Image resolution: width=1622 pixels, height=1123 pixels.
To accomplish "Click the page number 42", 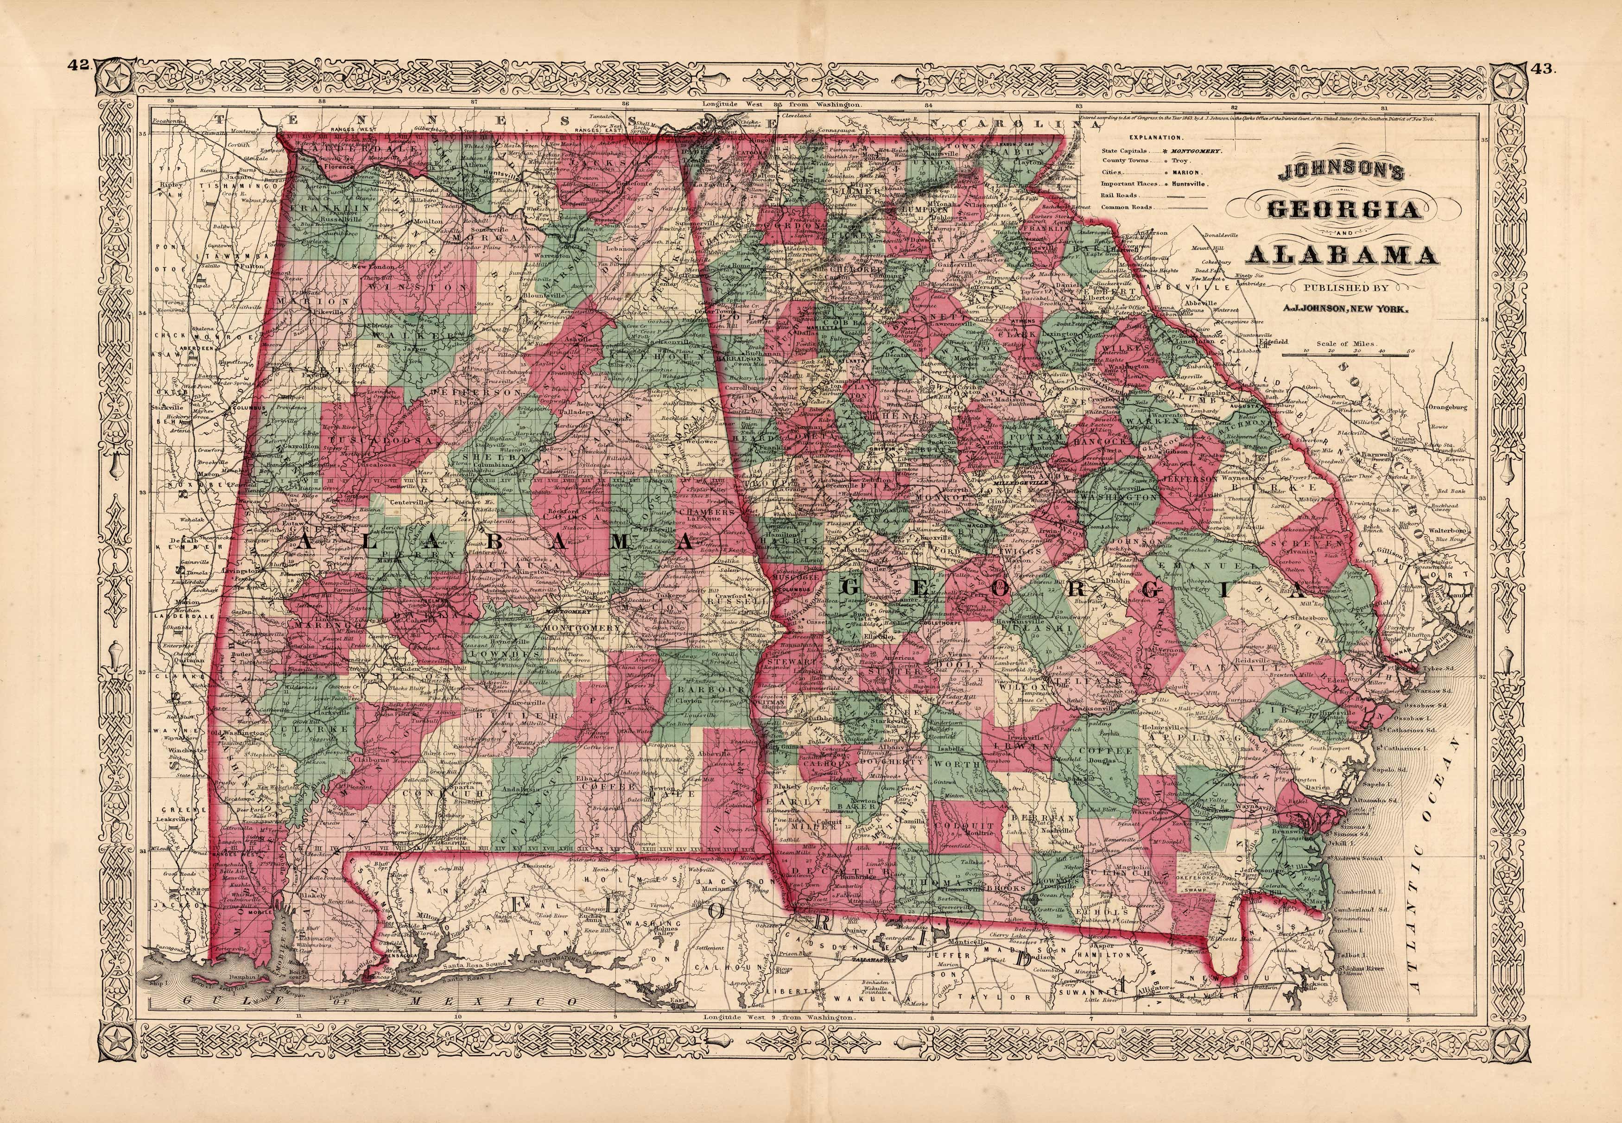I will tap(77, 66).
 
